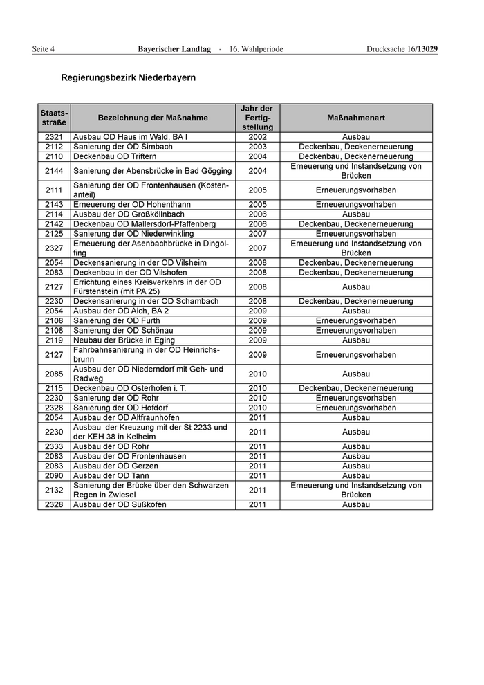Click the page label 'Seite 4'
tap(43, 49)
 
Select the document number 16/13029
tap(420, 49)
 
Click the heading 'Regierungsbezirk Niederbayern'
tap(128, 78)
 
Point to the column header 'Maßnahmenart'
tap(356, 118)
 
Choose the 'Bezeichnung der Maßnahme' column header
tap(153, 118)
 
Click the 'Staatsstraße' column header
tap(54, 118)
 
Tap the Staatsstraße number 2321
tap(54, 138)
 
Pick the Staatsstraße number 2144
tap(54, 171)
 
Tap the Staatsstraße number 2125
tap(54, 234)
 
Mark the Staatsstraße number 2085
tap(54, 374)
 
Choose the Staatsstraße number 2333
tap(54, 446)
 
